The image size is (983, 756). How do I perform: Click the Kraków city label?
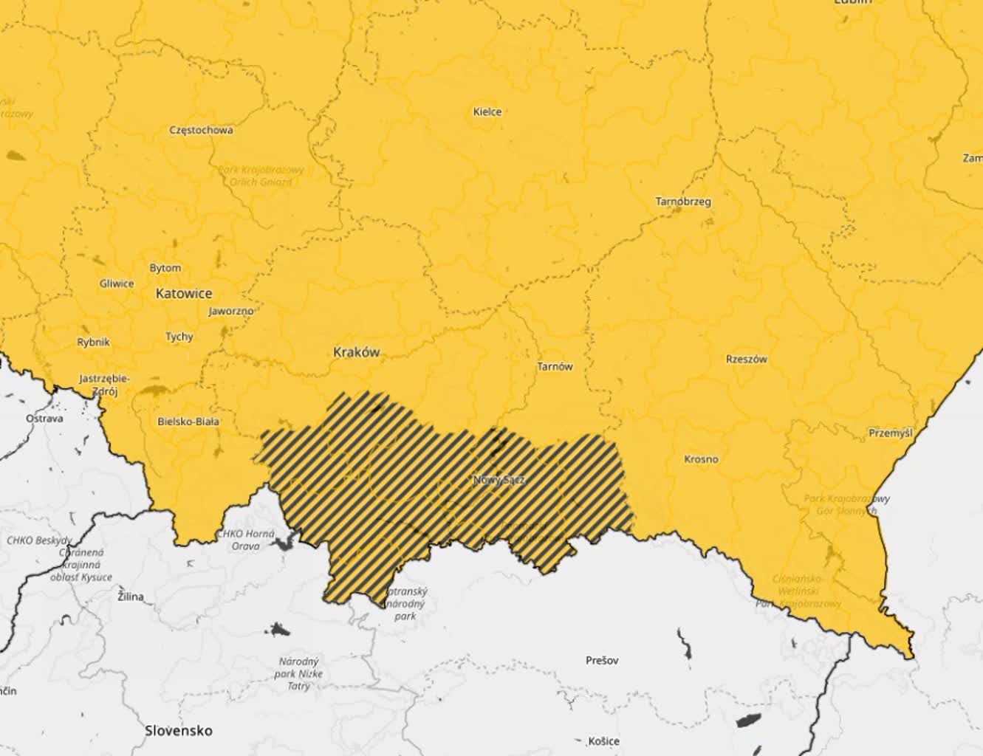point(356,352)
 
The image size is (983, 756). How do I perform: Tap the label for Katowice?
point(184,293)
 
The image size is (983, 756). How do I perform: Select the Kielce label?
point(487,112)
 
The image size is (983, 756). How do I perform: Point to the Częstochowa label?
point(201,130)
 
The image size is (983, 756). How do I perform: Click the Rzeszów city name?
point(746,360)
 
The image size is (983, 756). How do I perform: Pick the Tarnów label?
point(554,366)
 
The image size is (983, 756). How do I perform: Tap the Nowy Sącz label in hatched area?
point(499,480)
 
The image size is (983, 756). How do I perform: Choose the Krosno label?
point(700,459)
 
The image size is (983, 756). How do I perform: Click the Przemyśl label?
point(890,433)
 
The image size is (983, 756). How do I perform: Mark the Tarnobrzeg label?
point(683,201)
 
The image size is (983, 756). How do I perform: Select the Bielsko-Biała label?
point(188,422)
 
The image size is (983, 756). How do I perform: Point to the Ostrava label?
point(44,418)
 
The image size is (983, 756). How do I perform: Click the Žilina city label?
point(131,597)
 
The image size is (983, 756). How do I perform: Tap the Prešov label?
point(601,660)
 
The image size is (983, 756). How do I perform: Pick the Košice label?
point(603,740)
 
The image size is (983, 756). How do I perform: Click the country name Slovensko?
point(179,730)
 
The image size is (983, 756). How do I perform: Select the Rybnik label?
point(93,342)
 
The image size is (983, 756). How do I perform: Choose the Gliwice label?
point(117,283)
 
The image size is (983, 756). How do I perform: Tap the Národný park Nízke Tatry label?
point(298,673)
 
